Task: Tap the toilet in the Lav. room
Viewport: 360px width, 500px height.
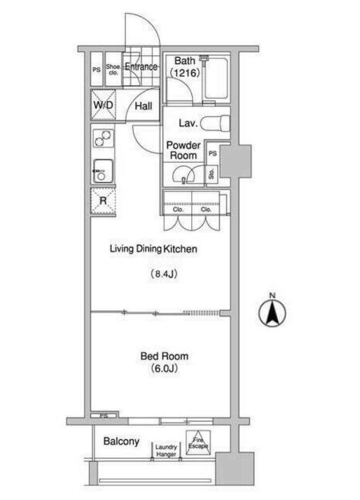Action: [x=215, y=123]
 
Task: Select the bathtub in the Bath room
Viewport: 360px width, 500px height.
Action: [x=216, y=78]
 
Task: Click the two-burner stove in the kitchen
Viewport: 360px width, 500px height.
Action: [x=104, y=138]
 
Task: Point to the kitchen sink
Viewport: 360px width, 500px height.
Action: [x=103, y=171]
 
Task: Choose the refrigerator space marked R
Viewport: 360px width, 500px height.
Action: [x=103, y=201]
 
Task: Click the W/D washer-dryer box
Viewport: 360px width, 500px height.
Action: [x=103, y=105]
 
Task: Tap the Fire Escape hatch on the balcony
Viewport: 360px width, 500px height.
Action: [x=198, y=442]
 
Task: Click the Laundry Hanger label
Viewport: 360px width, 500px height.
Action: [x=166, y=451]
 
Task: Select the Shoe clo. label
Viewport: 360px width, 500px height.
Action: [x=113, y=70]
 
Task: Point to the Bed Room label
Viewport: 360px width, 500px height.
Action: [x=164, y=356]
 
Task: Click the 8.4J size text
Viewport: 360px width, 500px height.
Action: [x=163, y=274]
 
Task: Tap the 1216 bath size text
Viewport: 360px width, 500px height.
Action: [x=185, y=73]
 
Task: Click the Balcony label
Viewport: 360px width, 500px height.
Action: [x=121, y=441]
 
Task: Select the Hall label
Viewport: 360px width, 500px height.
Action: [x=143, y=106]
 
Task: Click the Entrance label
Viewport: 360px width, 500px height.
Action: [x=141, y=67]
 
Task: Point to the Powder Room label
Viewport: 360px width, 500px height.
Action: [x=184, y=150]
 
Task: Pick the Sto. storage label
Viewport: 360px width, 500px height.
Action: [x=211, y=174]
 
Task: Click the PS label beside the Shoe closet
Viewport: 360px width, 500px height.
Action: [x=96, y=69]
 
